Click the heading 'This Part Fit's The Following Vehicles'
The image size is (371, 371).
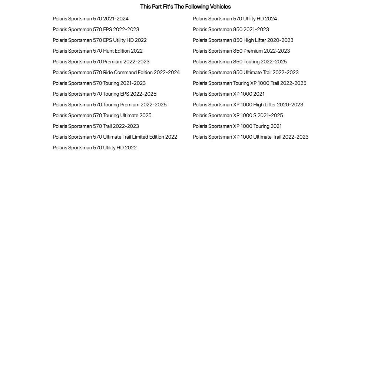pyautogui.click(x=185, y=7)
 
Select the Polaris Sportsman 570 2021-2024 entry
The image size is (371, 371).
pyautogui.click(x=90, y=19)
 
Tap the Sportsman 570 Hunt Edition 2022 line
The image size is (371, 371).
pyautogui.click(x=97, y=51)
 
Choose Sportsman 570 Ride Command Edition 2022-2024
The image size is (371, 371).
pyautogui.click(x=116, y=72)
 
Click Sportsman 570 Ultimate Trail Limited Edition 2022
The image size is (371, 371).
pyautogui.click(x=115, y=137)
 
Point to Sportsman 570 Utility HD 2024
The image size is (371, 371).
pyautogui.click(x=235, y=19)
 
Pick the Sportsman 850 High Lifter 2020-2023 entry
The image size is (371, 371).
pyautogui.click(x=243, y=40)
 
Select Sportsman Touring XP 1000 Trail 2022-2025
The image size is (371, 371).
pyautogui.click(x=249, y=83)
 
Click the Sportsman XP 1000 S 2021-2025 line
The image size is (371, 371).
pyautogui.click(x=238, y=115)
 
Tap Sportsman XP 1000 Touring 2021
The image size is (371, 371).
pyautogui.click(x=237, y=126)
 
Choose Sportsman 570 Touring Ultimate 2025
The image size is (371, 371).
pyautogui.click(x=102, y=115)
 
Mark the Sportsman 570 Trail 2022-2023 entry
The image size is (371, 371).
pyautogui.click(x=96, y=126)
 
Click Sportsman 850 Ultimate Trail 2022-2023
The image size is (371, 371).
pyautogui.click(x=245, y=72)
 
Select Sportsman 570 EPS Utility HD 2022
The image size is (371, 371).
pyautogui.click(x=100, y=40)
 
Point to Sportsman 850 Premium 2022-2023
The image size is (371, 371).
pyautogui.click(x=241, y=51)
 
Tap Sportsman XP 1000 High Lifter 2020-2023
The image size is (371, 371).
pyautogui.click(x=248, y=105)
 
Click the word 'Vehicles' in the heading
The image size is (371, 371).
pyautogui.click(x=220, y=7)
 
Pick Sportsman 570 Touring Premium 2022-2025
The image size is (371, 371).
pyautogui.click(x=109, y=105)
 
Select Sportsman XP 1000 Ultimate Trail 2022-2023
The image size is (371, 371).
pyautogui.click(x=250, y=137)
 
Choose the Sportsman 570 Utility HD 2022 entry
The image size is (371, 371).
pyautogui.click(x=95, y=148)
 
